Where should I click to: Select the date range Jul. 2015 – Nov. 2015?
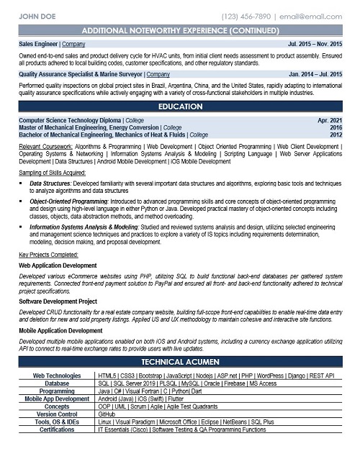coord(315,44)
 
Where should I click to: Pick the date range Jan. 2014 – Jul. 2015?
coord(315,73)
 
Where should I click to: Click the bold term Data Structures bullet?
coord(50,184)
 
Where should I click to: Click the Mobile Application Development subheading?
coord(60,330)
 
